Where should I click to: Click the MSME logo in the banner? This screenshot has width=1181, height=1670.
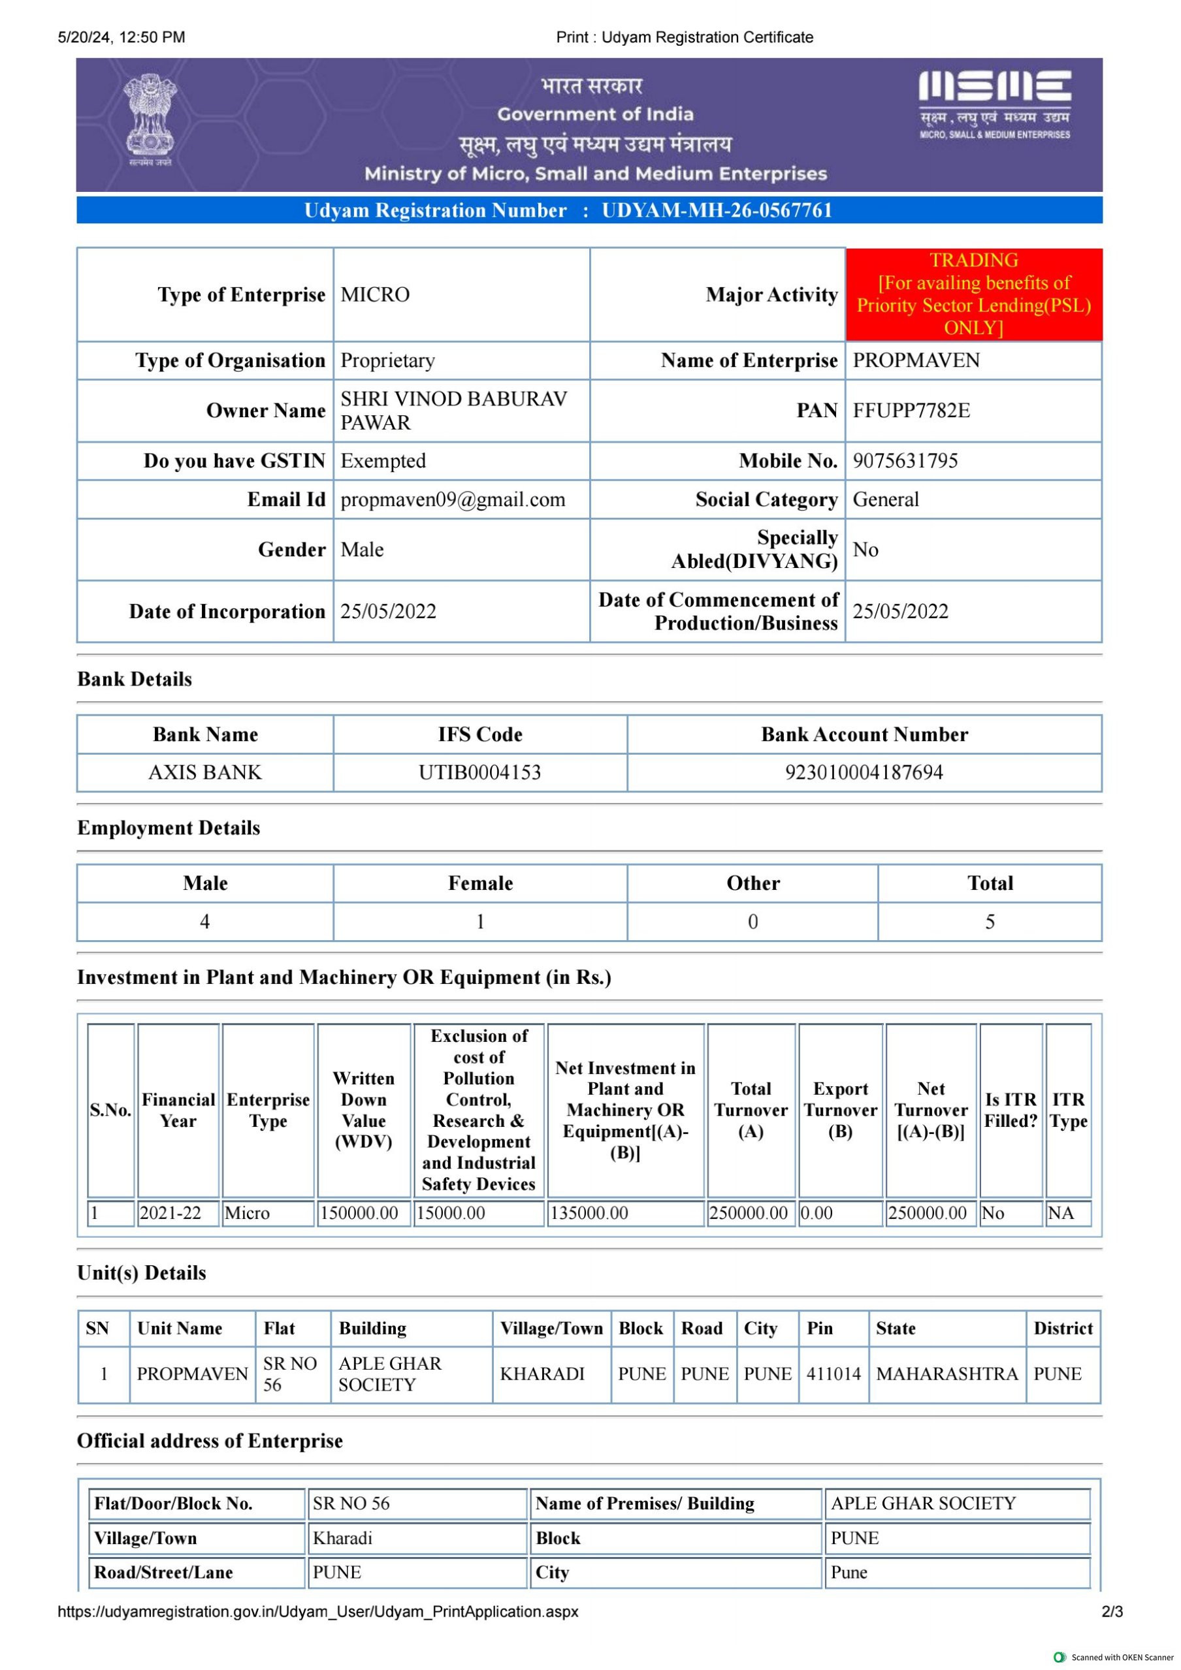click(x=994, y=103)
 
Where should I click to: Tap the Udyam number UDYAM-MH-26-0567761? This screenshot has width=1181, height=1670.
click(x=716, y=211)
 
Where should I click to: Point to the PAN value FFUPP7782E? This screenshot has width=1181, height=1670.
click(x=911, y=411)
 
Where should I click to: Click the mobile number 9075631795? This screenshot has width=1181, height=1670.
click(x=905, y=461)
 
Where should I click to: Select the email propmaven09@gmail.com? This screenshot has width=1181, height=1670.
click(x=453, y=499)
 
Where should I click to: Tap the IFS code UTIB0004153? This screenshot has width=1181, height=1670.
click(x=479, y=772)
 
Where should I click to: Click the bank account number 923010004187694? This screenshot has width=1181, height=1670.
click(x=864, y=772)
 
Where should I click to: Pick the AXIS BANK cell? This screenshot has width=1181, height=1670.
click(x=204, y=772)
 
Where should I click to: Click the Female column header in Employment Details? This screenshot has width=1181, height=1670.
click(x=480, y=883)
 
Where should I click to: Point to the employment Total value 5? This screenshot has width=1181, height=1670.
click(x=990, y=922)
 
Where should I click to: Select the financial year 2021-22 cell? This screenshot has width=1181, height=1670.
click(x=170, y=1213)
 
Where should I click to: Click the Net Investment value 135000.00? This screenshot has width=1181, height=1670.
click(x=589, y=1213)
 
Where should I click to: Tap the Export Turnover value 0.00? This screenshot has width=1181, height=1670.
click(x=817, y=1213)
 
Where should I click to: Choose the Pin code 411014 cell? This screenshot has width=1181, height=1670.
click(x=833, y=1374)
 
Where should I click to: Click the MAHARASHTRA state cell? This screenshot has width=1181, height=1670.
click(x=946, y=1374)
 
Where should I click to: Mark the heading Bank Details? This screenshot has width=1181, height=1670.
click(x=135, y=680)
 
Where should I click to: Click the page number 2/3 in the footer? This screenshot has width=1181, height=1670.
click(x=1112, y=1611)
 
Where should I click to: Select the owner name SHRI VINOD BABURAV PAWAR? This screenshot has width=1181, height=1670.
click(x=453, y=411)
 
